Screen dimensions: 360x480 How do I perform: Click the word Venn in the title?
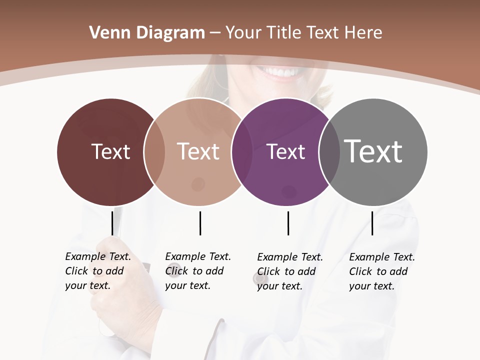(107, 33)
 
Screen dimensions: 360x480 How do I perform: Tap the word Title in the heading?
(283, 33)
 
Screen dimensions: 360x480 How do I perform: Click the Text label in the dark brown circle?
(110, 151)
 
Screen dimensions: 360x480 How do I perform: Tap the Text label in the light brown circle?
(198, 151)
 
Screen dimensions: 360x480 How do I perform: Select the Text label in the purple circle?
(285, 151)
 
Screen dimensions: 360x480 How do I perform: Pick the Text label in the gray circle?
(373, 151)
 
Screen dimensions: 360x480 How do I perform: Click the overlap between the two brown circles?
(154, 151)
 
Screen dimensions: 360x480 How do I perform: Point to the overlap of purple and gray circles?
(329, 151)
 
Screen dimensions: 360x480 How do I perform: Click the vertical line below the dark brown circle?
(112, 223)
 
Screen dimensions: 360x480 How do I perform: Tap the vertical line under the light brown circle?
(200, 223)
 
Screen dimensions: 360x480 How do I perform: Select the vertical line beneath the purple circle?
(288, 223)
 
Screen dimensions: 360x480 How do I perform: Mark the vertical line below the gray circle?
(372, 223)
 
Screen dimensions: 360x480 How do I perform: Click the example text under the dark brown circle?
(97, 271)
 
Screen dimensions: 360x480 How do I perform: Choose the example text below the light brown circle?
(197, 271)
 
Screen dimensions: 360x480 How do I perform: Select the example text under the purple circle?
(289, 271)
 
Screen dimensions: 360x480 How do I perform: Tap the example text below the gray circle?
(381, 271)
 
